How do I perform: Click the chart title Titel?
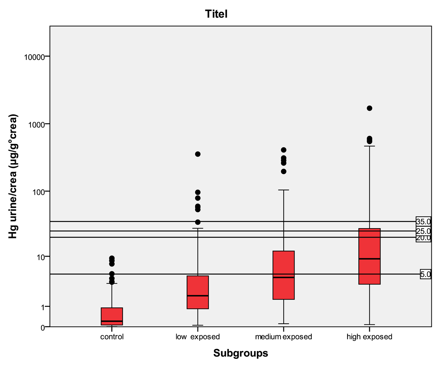coord(216,14)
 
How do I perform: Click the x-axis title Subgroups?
coord(240,353)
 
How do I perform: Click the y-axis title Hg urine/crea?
coord(13,176)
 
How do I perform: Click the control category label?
coord(112,337)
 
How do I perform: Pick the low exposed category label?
coord(198,337)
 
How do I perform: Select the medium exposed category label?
coord(283,337)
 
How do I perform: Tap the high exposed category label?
coord(369,337)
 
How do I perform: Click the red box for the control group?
coord(112,316)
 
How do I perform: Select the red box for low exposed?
coord(198,292)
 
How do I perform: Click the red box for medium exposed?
coord(283,275)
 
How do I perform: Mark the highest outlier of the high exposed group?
coord(369,108)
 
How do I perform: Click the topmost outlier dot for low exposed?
coord(198,154)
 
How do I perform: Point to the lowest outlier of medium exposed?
coord(283,172)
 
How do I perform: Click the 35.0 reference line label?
coord(423,222)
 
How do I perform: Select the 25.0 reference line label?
coord(423,231)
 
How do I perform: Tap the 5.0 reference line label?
coord(425,275)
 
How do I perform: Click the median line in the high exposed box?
coord(369,259)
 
